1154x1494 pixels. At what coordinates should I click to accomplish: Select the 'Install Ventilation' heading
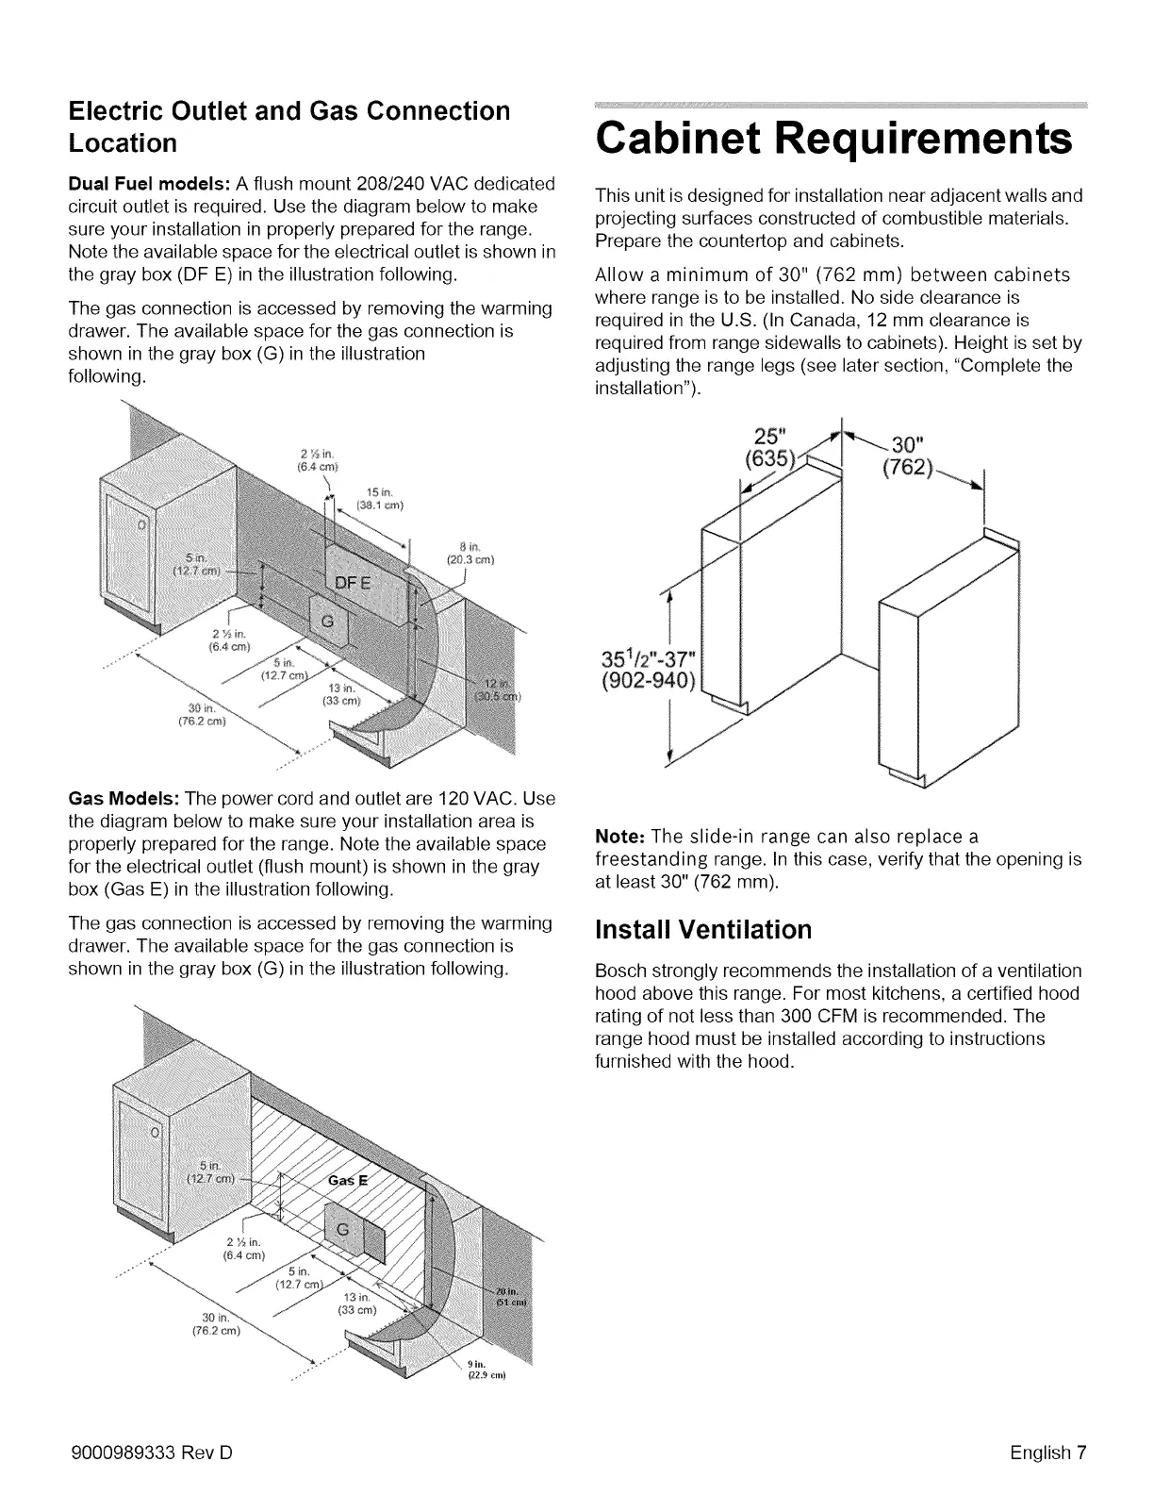(702, 930)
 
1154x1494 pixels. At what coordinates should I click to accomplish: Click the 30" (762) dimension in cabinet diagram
(907, 456)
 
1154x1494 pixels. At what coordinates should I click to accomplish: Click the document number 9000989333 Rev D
(151, 1452)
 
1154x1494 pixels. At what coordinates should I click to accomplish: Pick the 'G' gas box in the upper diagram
(328, 622)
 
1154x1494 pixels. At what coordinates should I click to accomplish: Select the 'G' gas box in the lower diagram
(343, 1231)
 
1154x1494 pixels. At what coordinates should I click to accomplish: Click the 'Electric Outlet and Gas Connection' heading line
(289, 110)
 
